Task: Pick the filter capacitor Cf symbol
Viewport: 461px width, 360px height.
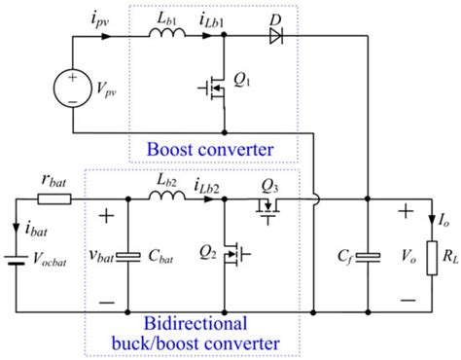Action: point(366,259)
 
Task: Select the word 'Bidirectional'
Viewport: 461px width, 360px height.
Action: point(196,323)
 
